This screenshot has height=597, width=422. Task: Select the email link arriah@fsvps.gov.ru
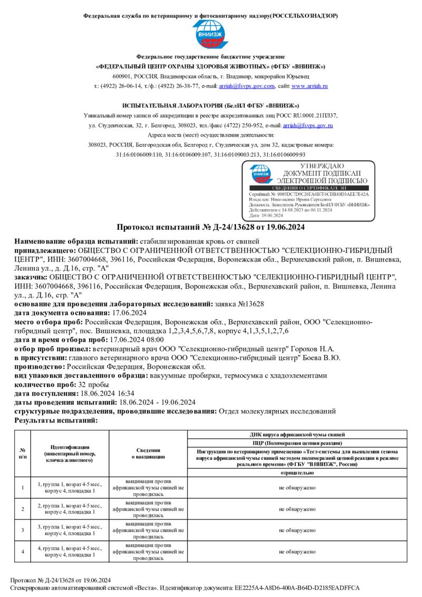click(x=308, y=126)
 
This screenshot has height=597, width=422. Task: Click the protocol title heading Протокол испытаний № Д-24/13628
click(x=210, y=227)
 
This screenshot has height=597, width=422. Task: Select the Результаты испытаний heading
click(x=56, y=420)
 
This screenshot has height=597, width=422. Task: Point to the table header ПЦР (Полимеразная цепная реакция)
click(x=298, y=443)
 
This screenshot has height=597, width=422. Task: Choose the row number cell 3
click(x=23, y=529)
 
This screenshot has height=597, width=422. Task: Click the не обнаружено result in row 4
click(x=298, y=551)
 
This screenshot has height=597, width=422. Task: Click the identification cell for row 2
click(x=70, y=508)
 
